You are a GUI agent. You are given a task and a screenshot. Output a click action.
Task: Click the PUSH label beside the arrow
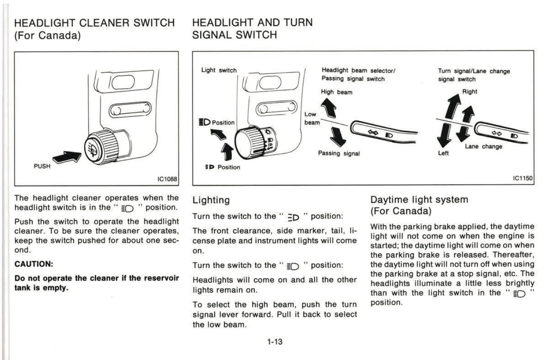click(42, 166)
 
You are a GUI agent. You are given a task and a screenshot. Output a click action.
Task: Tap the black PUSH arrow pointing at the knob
click(66, 156)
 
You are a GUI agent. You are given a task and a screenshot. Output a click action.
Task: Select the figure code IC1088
click(167, 179)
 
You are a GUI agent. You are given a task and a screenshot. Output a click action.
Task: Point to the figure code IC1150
click(522, 178)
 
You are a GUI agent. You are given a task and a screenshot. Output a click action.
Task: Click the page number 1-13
click(275, 341)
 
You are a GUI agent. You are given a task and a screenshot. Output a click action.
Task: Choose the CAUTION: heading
click(34, 264)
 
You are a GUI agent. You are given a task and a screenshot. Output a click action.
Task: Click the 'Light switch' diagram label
click(219, 70)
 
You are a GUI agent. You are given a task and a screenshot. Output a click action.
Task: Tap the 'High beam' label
click(337, 92)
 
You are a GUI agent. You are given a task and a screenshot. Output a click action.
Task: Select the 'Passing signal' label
click(338, 153)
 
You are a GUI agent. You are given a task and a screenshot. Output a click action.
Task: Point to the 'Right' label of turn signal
click(469, 92)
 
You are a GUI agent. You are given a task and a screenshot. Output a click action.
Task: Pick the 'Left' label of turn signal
click(443, 153)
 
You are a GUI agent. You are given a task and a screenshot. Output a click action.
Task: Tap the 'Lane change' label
click(483, 146)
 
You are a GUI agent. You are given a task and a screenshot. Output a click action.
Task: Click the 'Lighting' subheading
click(211, 200)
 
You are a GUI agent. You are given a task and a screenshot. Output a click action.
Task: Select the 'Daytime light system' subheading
click(419, 200)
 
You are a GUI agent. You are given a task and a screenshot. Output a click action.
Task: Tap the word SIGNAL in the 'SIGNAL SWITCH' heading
click(212, 35)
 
